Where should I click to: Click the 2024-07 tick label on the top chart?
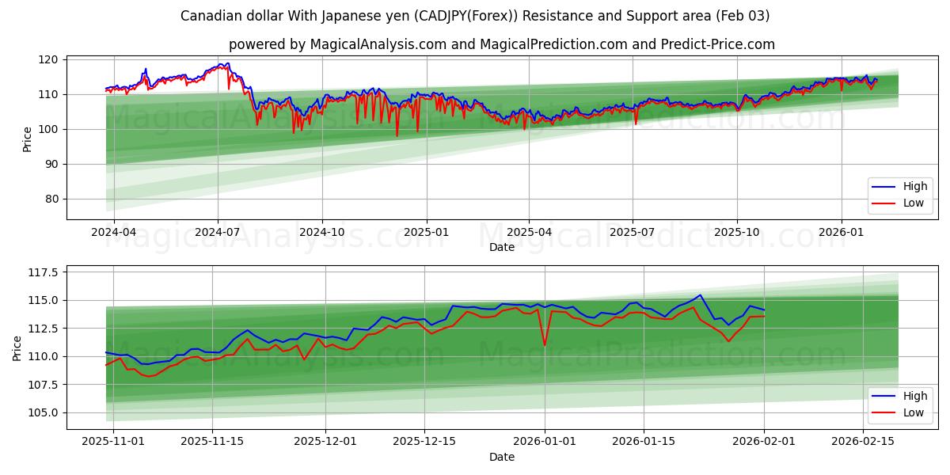click(218, 233)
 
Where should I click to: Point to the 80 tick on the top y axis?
click(51, 199)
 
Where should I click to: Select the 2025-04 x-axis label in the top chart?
click(529, 233)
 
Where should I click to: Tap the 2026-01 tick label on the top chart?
click(841, 233)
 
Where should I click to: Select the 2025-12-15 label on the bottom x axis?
click(424, 442)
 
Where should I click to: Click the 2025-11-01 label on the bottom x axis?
click(113, 442)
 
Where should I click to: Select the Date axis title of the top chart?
click(502, 247)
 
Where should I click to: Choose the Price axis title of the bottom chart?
click(17, 348)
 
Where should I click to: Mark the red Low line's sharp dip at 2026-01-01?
click(544, 344)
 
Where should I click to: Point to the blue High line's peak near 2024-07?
click(228, 63)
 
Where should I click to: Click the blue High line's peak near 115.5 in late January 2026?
click(700, 295)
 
